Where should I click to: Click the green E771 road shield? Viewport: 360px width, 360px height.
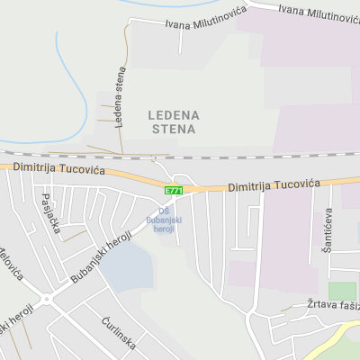174,191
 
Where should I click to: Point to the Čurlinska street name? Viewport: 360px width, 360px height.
117,333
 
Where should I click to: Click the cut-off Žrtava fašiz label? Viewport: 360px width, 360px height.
333,306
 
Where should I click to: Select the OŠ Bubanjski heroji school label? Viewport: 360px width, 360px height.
165,220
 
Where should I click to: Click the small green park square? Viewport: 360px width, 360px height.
341,291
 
